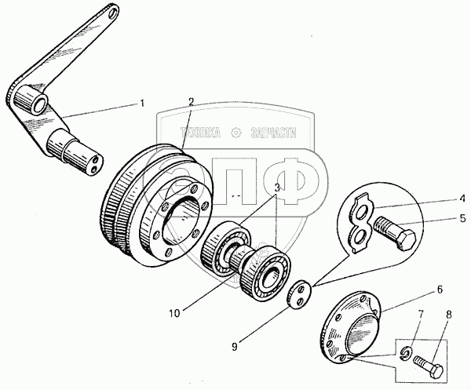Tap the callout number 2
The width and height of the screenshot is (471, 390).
tap(190, 101)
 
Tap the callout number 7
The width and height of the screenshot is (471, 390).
tap(419, 316)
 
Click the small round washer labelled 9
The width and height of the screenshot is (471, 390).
tap(299, 295)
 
